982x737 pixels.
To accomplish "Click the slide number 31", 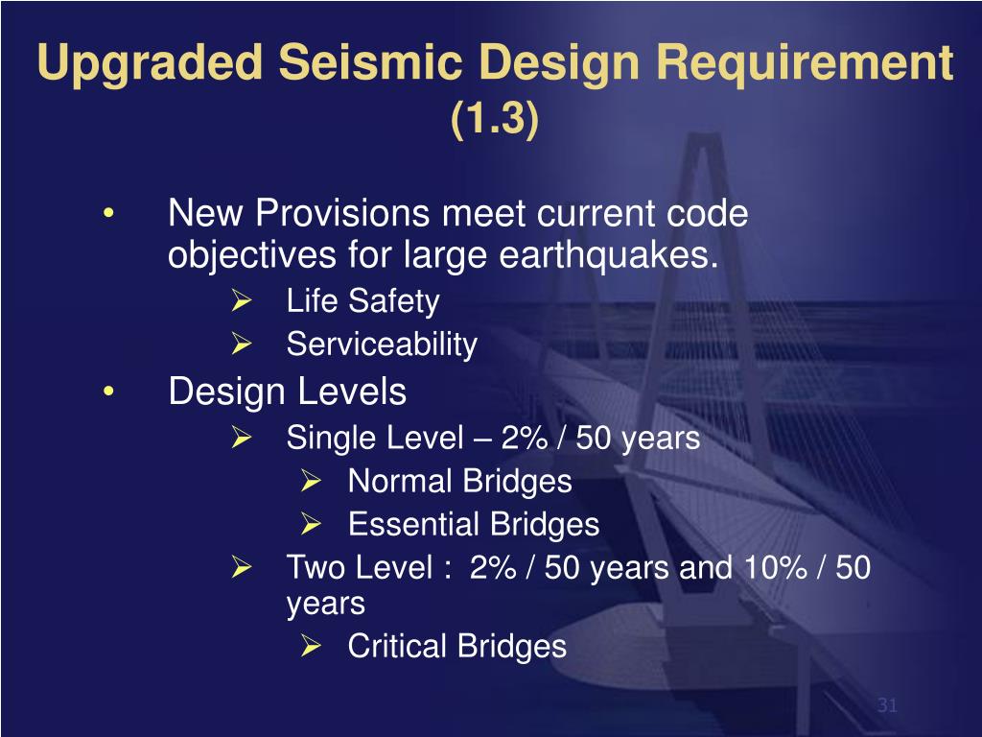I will click(887, 706).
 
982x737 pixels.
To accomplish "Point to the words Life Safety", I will click(362, 302).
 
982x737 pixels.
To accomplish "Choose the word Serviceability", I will click(382, 345).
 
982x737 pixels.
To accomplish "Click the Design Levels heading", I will click(288, 392).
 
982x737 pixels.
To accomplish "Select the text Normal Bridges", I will click(459, 482).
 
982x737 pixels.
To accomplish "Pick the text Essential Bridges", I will click(473, 525).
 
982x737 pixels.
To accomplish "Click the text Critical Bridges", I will click(456, 647).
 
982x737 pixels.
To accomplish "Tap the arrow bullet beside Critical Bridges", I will click(310, 647).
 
